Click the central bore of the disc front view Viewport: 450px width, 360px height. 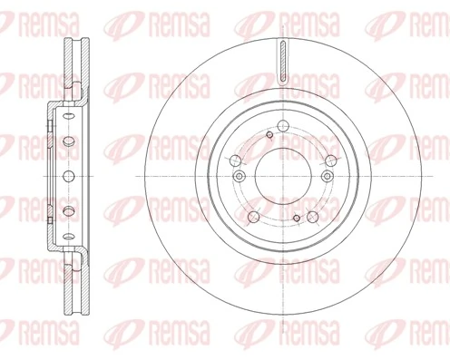click(282, 174)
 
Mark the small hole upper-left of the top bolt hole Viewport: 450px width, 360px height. click(269, 134)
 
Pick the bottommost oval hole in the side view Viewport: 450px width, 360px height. click(68, 229)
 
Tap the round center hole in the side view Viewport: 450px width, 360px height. click(68, 174)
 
